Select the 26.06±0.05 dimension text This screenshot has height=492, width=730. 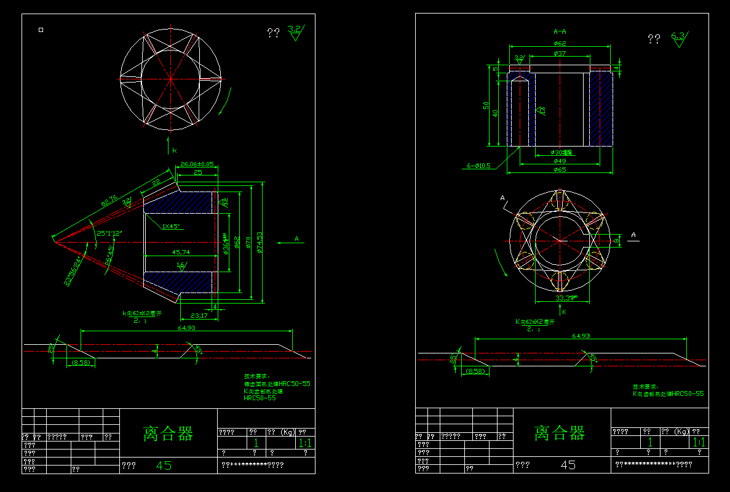pos(196,164)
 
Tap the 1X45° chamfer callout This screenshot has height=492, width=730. pos(170,227)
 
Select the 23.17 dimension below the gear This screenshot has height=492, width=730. pos(199,315)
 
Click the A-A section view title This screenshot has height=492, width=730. pos(560,31)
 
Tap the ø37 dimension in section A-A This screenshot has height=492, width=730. pos(560,54)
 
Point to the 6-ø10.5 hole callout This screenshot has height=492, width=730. pos(479,166)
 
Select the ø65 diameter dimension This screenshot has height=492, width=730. pos(560,169)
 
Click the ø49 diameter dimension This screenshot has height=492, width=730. pos(560,161)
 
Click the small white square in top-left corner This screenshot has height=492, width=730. pos(41,29)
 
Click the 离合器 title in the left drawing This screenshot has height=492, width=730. pos(168,434)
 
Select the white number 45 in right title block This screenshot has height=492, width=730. pos(568,465)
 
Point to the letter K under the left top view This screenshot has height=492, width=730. pos(174,150)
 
